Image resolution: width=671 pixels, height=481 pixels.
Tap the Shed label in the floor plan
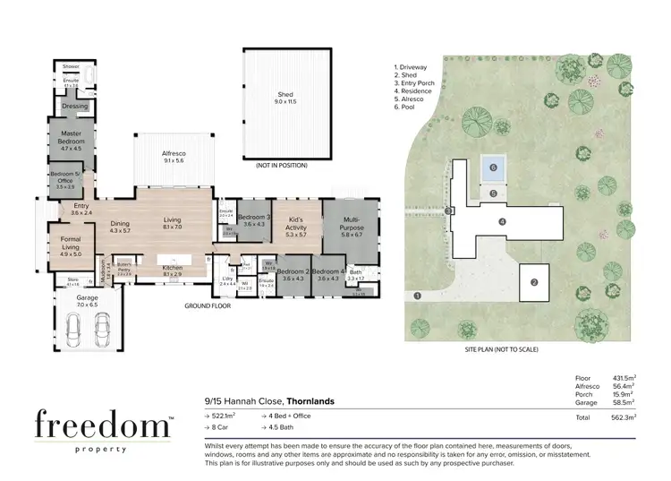[x=285, y=99]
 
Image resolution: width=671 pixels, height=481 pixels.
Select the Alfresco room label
[x=173, y=156]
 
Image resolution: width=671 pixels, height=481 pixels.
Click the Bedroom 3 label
[x=254, y=219]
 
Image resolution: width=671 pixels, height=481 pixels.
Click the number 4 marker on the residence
[x=503, y=221]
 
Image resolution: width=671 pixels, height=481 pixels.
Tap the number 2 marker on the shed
[x=534, y=283]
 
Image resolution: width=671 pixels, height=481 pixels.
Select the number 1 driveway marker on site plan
[x=417, y=296]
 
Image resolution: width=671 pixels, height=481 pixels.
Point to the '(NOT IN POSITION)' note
[x=282, y=165]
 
